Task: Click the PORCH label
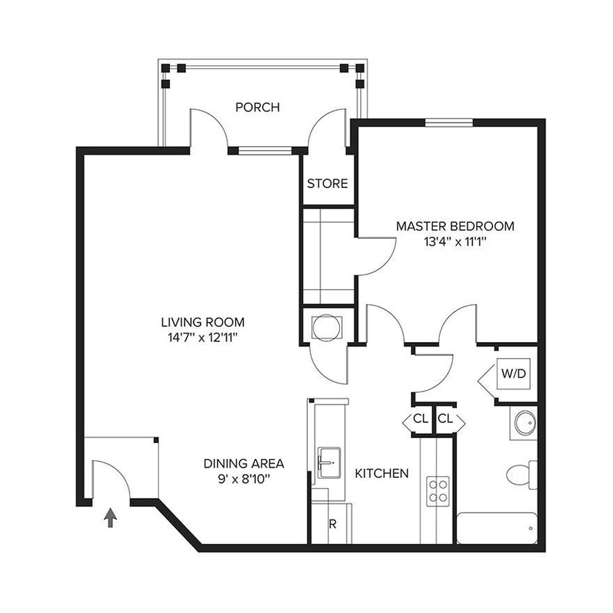click(257, 107)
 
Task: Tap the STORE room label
click(327, 184)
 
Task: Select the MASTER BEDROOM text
click(455, 226)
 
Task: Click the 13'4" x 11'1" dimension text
click(455, 241)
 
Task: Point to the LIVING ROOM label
click(203, 322)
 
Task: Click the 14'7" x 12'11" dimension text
click(203, 337)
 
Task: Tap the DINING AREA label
click(243, 463)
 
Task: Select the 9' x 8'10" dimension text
click(243, 479)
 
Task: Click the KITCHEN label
click(381, 474)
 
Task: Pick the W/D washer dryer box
click(513, 374)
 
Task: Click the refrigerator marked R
click(333, 524)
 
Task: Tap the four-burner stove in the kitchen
click(437, 491)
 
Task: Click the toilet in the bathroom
click(521, 474)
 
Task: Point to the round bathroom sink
click(524, 423)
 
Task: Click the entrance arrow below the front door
click(110, 518)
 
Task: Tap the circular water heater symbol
click(323, 327)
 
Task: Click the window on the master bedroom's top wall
click(449, 122)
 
